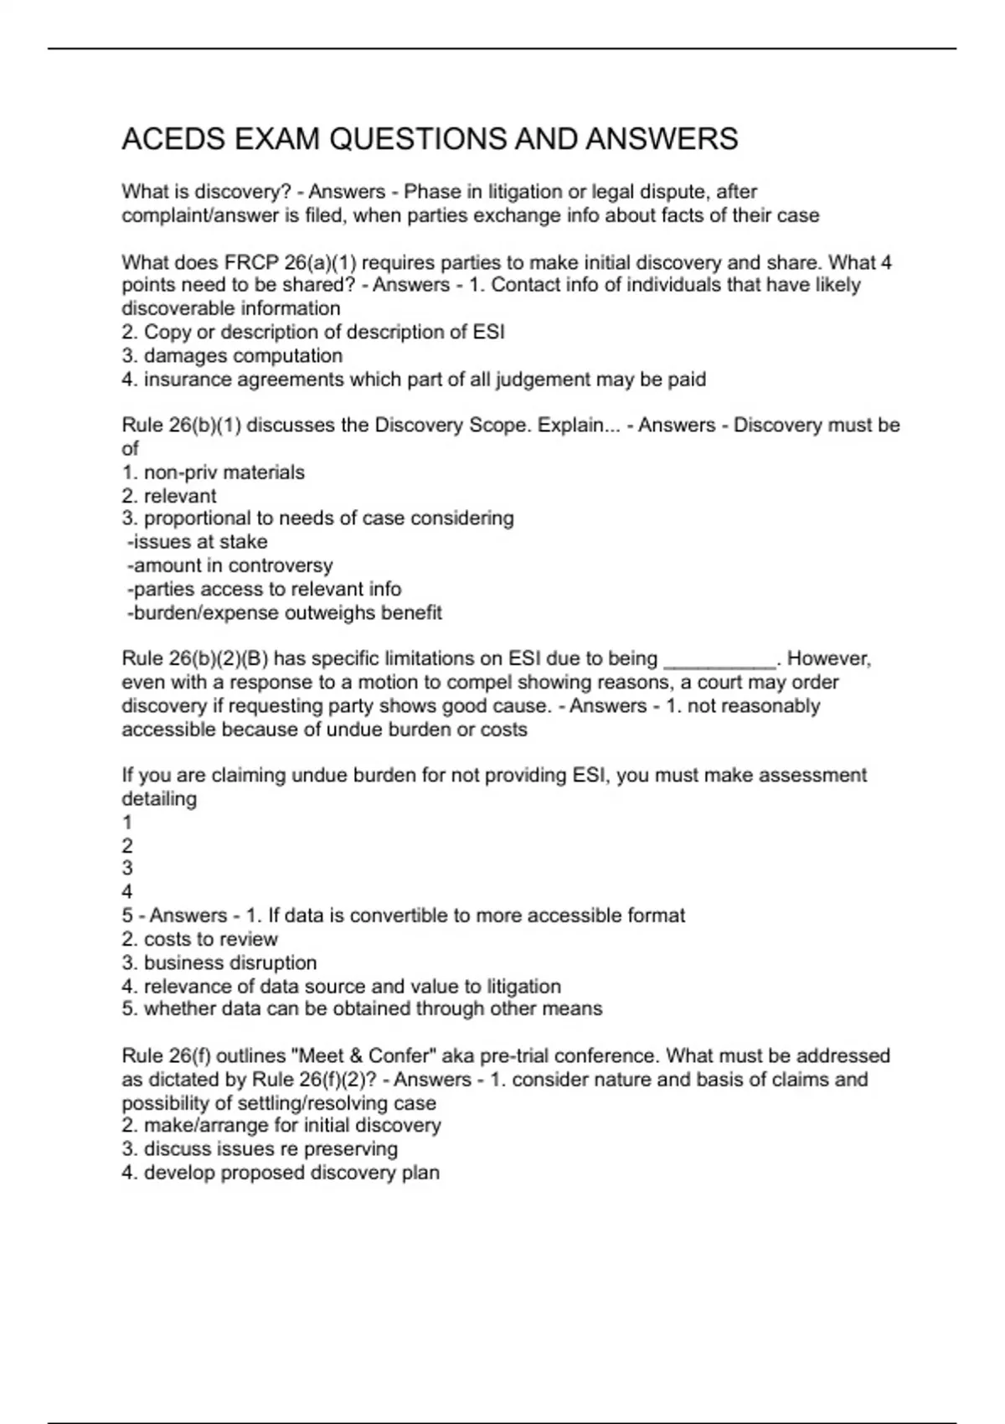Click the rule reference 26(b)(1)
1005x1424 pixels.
coord(205,426)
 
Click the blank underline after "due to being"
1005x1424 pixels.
coord(719,662)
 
